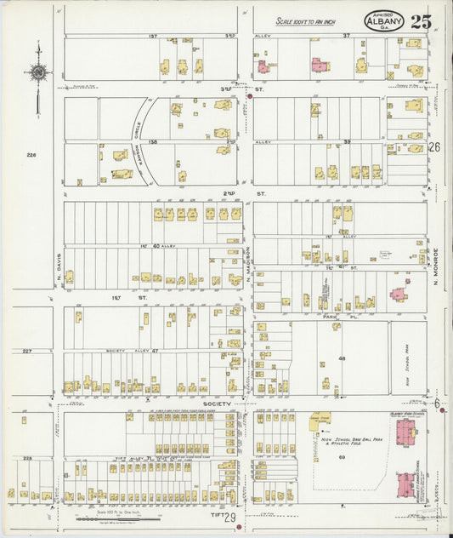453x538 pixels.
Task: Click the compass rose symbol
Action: (x=37, y=73)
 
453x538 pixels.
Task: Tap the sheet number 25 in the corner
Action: (x=420, y=21)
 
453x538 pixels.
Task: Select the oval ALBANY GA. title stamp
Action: (x=384, y=21)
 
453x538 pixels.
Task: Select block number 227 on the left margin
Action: (x=27, y=351)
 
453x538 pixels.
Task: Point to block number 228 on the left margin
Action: (x=27, y=458)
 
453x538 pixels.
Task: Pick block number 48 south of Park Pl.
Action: (x=343, y=358)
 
